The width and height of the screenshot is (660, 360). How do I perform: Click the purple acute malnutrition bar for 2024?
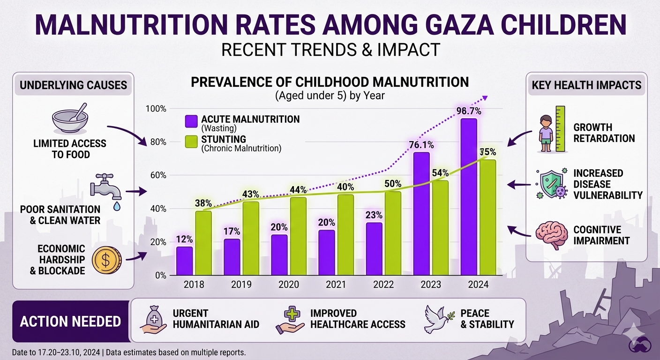pyautogui.click(x=469, y=197)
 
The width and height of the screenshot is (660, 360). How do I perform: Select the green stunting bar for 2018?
pyautogui.click(x=203, y=243)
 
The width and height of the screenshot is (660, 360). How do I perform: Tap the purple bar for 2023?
pyautogui.click(x=422, y=213)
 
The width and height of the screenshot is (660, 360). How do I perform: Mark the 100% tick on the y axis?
pyautogui.click(x=157, y=109)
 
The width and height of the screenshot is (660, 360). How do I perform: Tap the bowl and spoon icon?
pyautogui.click(x=69, y=120)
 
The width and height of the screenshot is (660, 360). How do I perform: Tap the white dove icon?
pyautogui.click(x=439, y=319)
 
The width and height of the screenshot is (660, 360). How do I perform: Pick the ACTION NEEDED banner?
pyautogui.click(x=70, y=322)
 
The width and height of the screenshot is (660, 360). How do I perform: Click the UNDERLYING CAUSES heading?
pyautogui.click(x=73, y=85)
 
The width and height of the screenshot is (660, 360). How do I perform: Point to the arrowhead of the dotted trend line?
pyautogui.click(x=485, y=97)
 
